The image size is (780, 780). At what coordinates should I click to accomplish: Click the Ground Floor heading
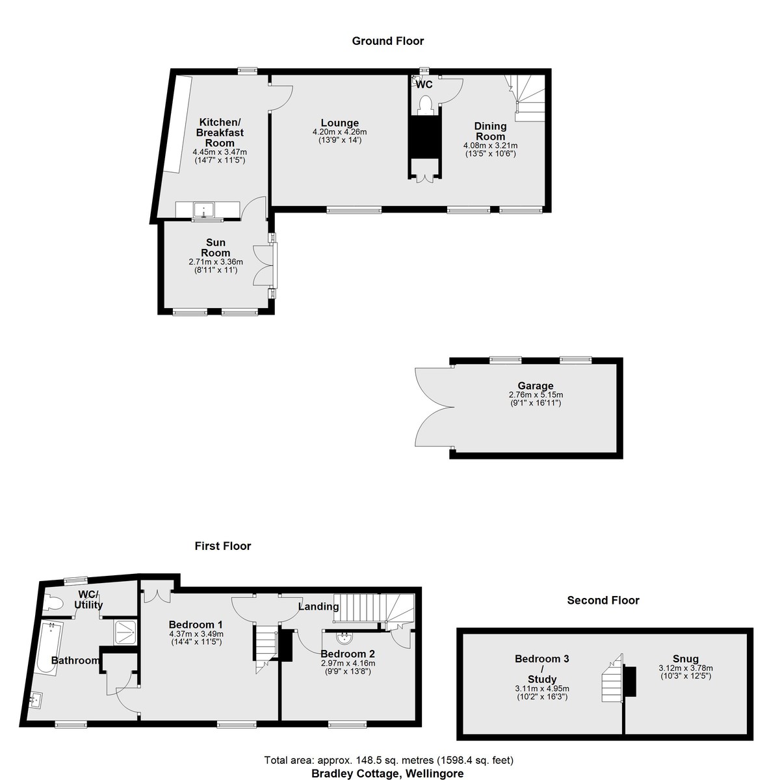(387, 41)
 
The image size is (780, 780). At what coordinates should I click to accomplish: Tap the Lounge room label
(339, 123)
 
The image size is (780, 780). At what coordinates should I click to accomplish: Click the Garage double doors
(435, 407)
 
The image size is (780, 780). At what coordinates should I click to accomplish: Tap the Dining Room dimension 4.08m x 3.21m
(490, 146)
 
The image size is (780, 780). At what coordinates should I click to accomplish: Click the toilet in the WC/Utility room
(53, 603)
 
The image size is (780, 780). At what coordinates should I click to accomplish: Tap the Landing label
(318, 606)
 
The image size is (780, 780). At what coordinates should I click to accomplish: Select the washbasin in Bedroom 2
(344, 638)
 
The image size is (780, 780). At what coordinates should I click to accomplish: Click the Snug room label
(686, 659)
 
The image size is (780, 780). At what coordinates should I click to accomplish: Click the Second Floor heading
(603, 601)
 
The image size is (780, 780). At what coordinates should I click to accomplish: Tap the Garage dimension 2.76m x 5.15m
(536, 395)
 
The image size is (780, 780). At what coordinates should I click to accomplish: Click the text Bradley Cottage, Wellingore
(387, 773)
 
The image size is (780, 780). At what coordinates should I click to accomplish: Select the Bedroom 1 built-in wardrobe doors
(157, 596)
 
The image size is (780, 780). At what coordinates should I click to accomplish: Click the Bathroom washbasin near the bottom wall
(36, 698)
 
